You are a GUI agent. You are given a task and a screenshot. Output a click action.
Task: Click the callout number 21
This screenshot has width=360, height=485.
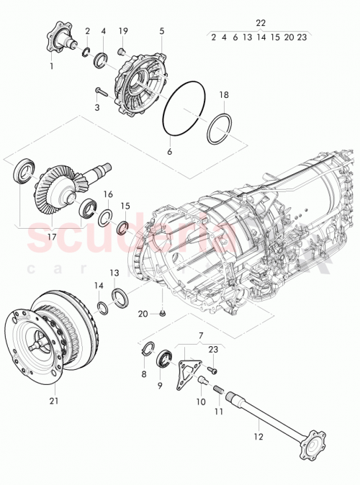54,400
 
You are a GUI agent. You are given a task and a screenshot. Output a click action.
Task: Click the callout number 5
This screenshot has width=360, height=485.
161,31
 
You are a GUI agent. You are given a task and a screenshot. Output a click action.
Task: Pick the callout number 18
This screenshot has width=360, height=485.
223,94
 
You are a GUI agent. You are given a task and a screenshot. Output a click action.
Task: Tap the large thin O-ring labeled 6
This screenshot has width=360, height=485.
184,109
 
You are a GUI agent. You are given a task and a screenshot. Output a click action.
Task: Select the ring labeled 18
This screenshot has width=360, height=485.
220,127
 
